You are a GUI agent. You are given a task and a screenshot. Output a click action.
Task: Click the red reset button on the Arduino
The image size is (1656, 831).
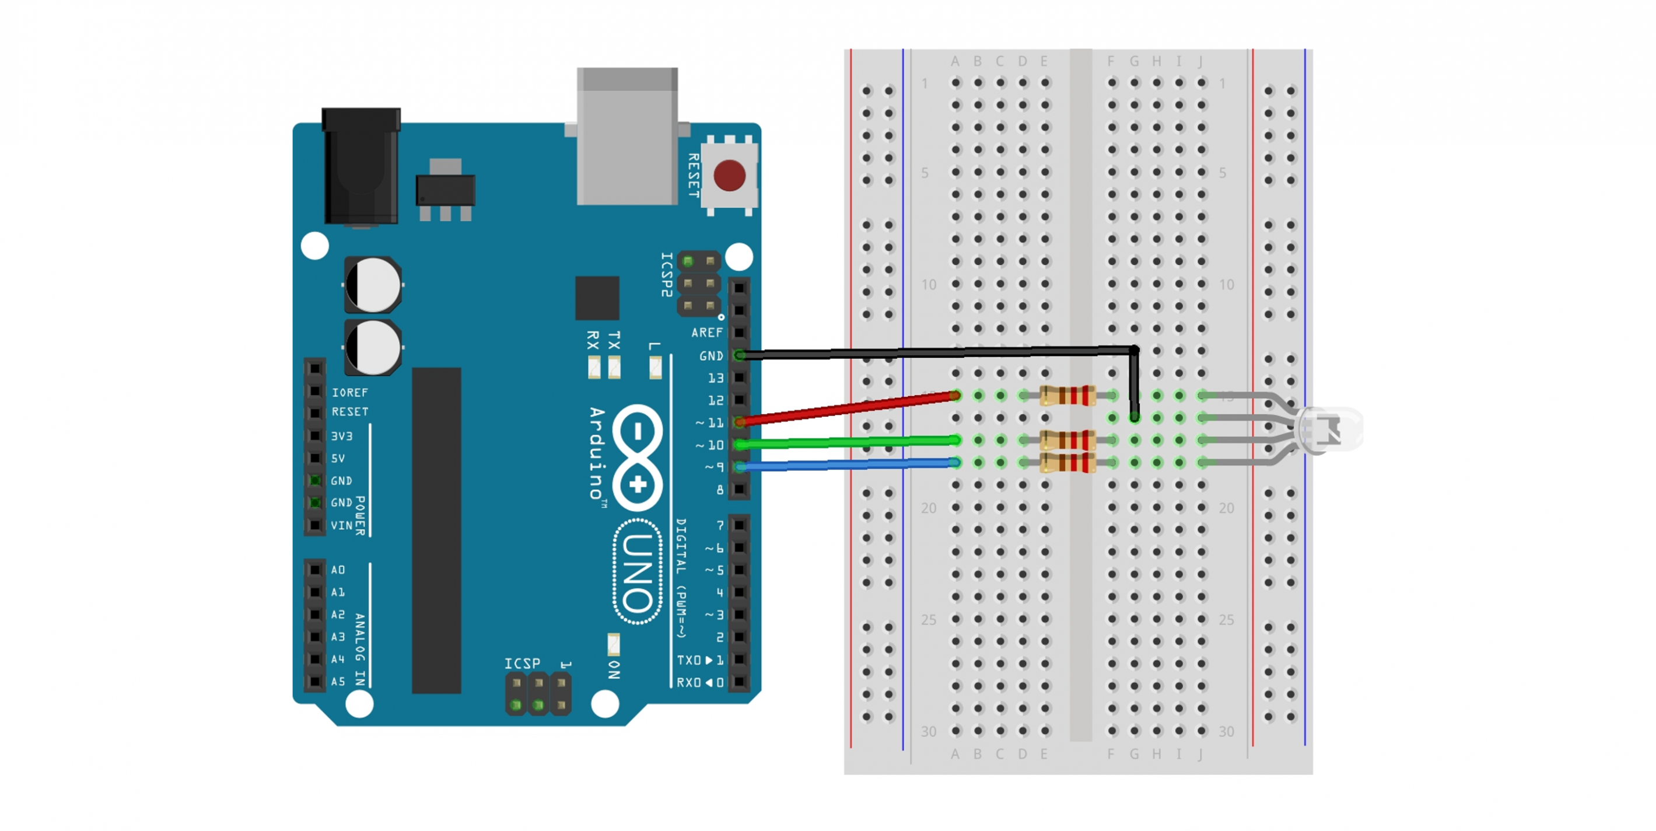click(x=729, y=176)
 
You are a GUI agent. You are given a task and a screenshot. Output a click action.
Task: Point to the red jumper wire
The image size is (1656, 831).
click(x=849, y=408)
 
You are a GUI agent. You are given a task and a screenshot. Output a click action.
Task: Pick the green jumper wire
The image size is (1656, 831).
click(x=849, y=442)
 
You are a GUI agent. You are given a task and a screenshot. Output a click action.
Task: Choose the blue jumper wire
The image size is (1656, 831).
click(x=849, y=465)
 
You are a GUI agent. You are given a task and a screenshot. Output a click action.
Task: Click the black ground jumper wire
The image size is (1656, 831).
click(x=932, y=352)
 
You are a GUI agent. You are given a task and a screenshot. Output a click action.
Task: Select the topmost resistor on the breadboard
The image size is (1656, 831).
click(x=1067, y=396)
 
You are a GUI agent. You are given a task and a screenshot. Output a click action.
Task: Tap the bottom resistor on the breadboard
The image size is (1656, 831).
click(x=1067, y=462)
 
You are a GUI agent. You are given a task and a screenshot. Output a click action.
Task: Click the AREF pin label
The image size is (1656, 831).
click(x=706, y=333)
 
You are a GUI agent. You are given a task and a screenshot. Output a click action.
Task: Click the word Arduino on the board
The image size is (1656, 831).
click(x=597, y=453)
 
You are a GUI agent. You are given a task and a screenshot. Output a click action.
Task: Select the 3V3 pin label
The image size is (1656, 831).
click(x=342, y=436)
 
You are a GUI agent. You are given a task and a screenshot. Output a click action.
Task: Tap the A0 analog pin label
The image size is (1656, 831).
click(x=338, y=570)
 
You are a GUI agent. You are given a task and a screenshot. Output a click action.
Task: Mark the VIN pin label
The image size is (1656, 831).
click(x=341, y=525)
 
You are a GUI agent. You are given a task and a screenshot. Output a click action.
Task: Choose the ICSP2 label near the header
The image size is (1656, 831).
click(x=667, y=275)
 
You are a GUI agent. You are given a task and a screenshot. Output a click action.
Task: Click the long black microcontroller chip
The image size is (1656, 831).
click(x=436, y=530)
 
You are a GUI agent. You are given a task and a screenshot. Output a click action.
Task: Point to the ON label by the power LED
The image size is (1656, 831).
click(x=614, y=669)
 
